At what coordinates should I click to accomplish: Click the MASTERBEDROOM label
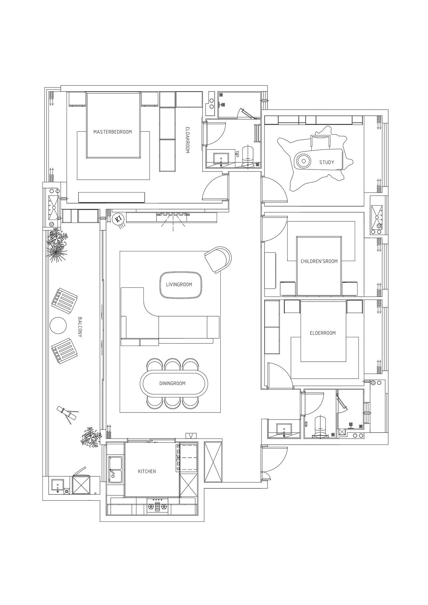112,132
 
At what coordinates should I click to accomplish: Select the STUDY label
327,162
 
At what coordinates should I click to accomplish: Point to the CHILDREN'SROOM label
319,261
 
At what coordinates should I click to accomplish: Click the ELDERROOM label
323,333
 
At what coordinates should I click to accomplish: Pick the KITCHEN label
147,471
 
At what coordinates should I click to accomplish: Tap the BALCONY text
80,327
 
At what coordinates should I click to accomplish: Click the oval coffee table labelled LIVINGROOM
181,285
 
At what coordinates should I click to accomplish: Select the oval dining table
174,383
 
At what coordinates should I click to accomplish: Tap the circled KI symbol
118,219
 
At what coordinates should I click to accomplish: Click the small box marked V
191,436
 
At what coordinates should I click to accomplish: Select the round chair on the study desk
304,161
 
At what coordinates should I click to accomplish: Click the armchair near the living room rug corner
218,259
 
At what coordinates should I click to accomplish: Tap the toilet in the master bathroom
248,155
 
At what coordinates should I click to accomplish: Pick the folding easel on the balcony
67,414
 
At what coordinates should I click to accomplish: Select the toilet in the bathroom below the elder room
320,426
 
